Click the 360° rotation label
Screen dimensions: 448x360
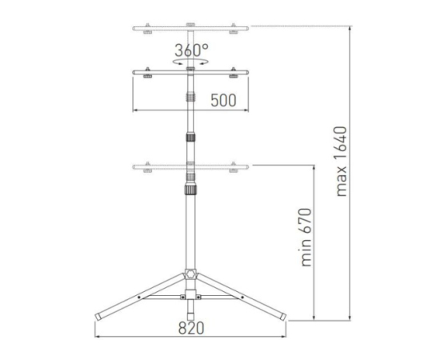[191, 50]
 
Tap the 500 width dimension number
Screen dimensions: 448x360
[223, 100]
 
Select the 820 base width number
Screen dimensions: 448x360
[191, 328]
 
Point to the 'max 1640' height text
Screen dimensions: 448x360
[341, 162]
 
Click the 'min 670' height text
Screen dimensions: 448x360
[306, 238]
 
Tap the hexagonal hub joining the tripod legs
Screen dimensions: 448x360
[190, 274]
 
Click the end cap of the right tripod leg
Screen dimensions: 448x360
[283, 317]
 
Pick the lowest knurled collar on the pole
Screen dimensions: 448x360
[190, 190]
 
